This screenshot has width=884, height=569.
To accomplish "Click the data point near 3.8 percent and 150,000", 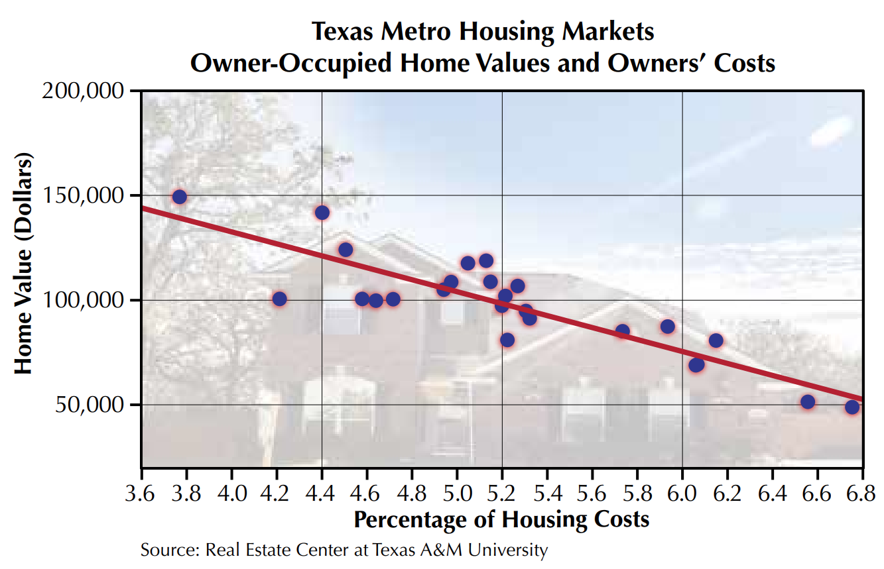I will pyautogui.click(x=179, y=197).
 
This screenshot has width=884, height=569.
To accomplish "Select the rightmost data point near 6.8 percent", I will pyautogui.click(x=852, y=407).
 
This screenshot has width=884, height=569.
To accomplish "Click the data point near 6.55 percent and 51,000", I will pyautogui.click(x=807, y=402).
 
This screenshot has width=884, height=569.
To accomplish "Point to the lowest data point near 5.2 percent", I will pyautogui.click(x=507, y=340).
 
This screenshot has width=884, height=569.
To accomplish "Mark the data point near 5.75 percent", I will pyautogui.click(x=622, y=331).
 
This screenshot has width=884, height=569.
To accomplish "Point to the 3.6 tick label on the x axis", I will pyautogui.click(x=141, y=494).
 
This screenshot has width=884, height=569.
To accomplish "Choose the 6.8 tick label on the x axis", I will pyautogui.click(x=862, y=494).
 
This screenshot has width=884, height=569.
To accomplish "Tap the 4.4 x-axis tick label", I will pyautogui.click(x=322, y=494).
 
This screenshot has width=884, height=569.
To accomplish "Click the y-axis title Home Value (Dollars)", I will pyautogui.click(x=24, y=266).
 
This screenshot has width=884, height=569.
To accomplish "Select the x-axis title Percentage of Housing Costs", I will pyautogui.click(x=501, y=519).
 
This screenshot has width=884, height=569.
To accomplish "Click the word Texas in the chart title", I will pyautogui.click(x=340, y=31).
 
